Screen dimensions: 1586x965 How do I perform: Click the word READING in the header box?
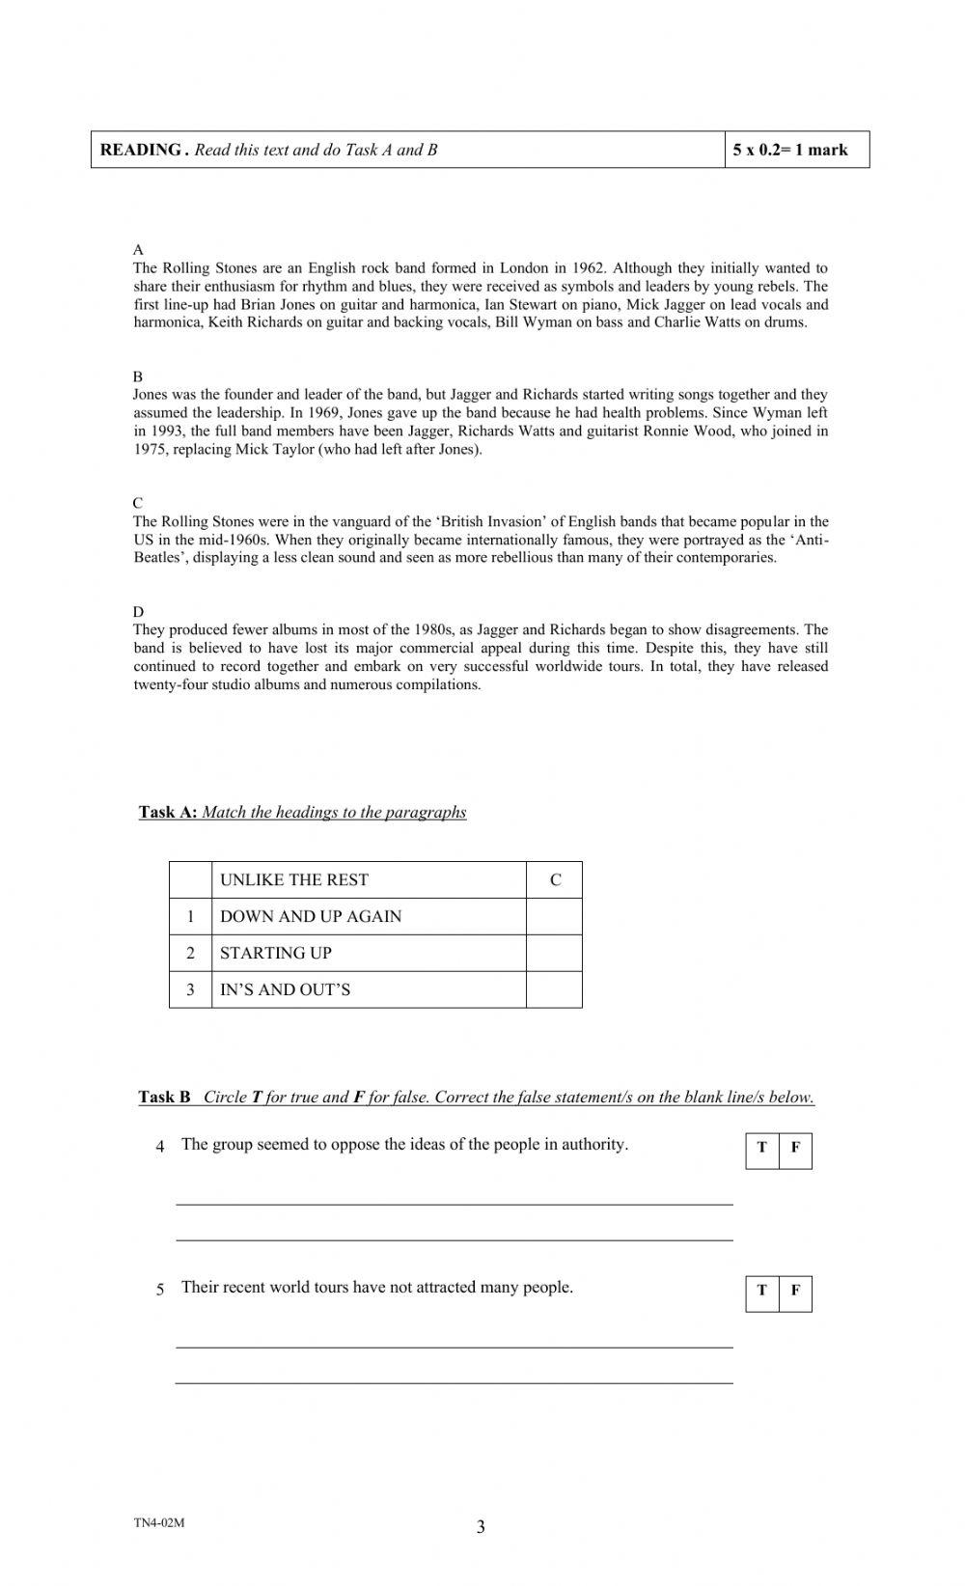tap(141, 150)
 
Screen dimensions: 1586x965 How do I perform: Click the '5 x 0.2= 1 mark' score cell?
tap(790, 150)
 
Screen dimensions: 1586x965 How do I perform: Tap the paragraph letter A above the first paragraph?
tap(138, 250)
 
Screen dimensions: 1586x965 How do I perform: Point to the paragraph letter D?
tap(138, 612)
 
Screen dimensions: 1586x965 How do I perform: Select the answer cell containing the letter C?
tap(555, 879)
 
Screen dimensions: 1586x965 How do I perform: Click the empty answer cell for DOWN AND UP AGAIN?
tap(555, 916)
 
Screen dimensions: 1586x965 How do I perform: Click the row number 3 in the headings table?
tap(190, 989)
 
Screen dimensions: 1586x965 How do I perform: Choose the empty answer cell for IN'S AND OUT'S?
tap(555, 989)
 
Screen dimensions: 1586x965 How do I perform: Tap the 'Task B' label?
tap(164, 1097)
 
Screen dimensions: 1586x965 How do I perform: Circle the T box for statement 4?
tap(762, 1148)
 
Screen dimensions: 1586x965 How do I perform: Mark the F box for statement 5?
tap(795, 1291)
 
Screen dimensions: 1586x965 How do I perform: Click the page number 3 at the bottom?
tap(481, 1527)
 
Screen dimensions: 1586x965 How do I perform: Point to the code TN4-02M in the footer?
tap(159, 1522)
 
